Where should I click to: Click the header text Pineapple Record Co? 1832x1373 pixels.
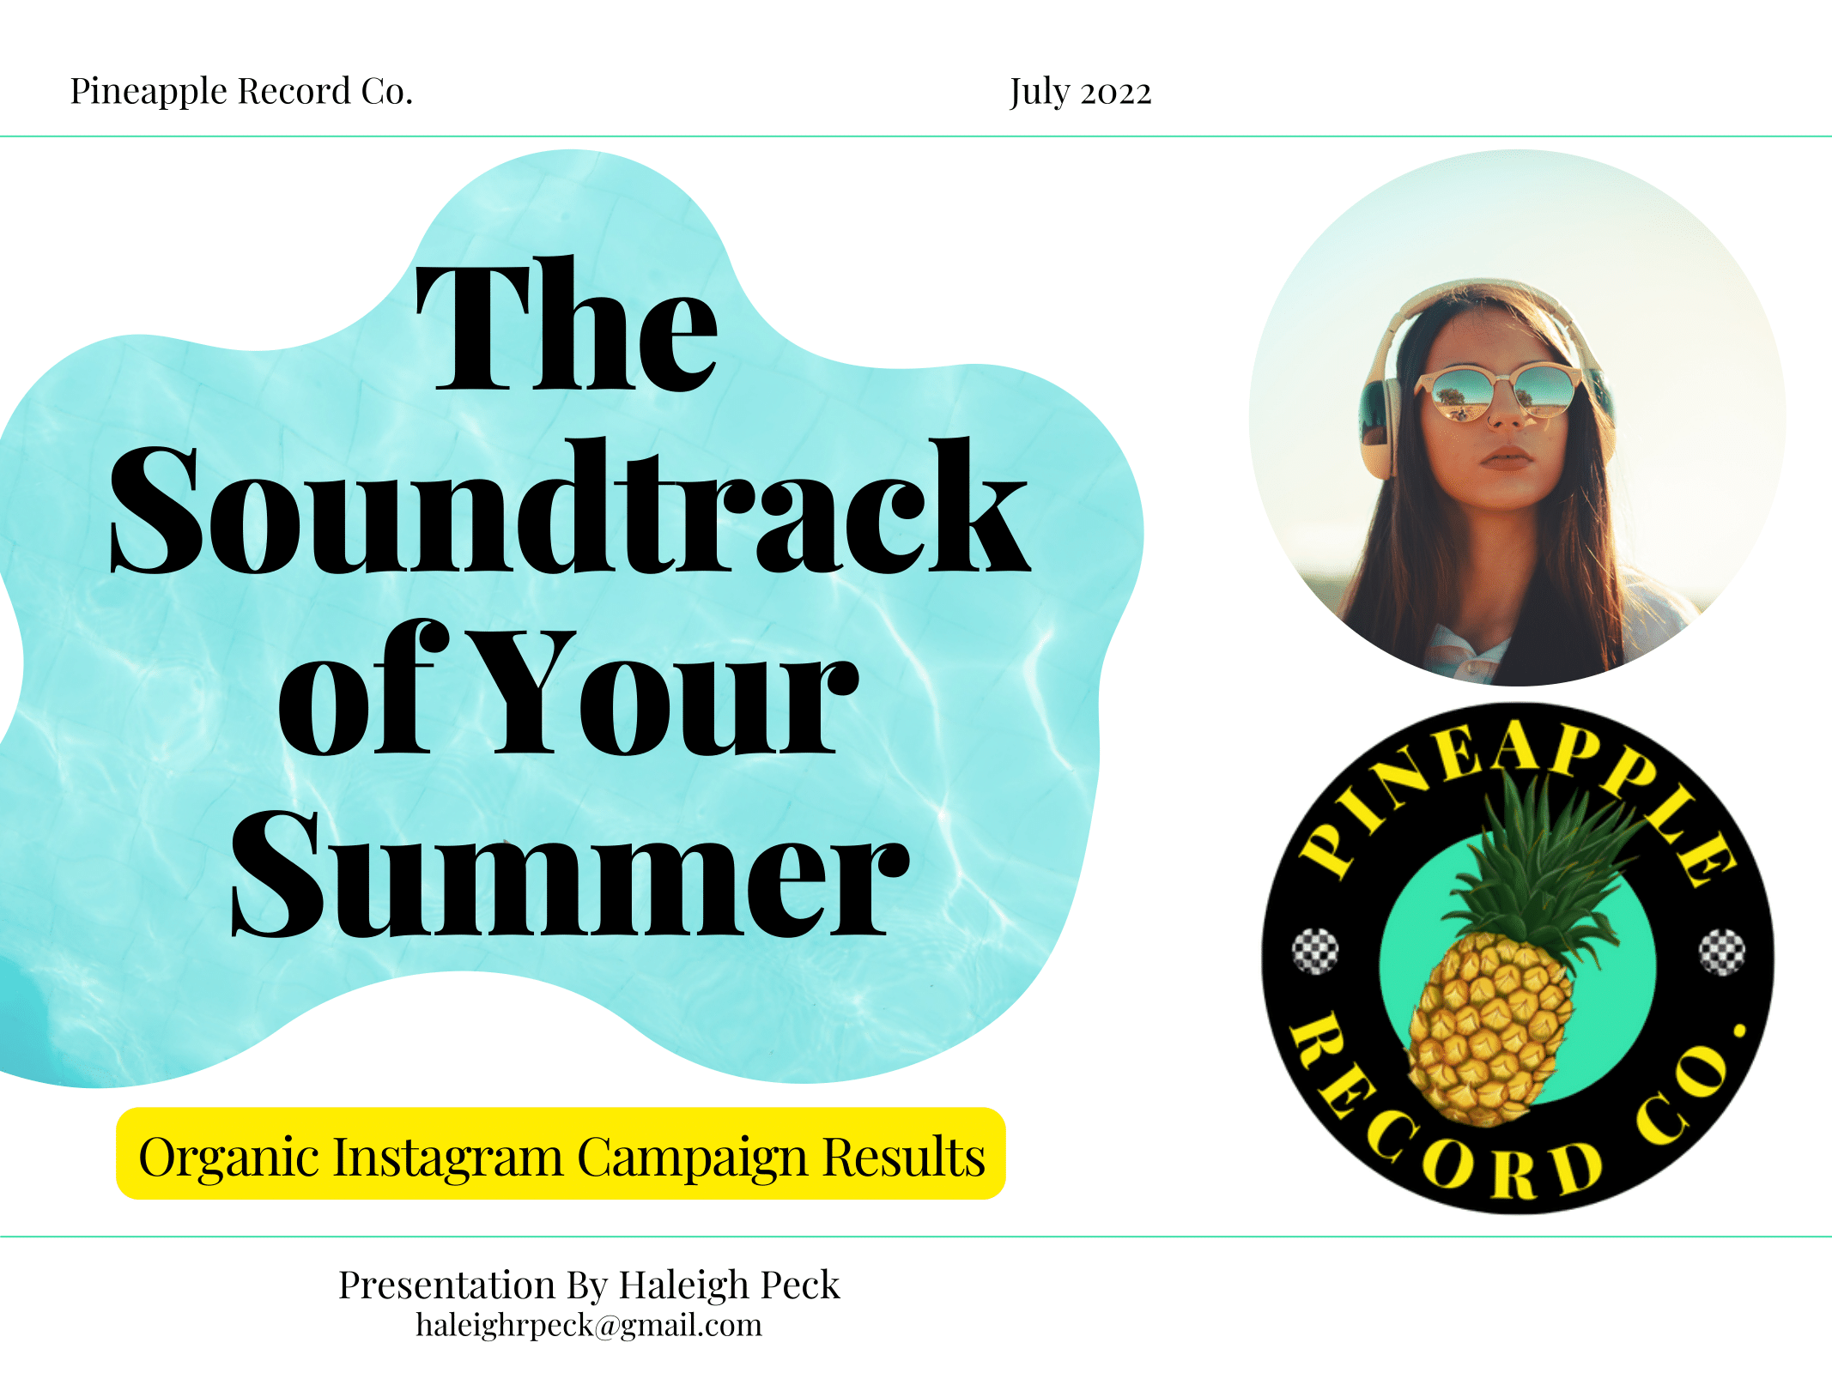point(241,92)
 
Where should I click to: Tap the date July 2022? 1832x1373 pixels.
point(1080,93)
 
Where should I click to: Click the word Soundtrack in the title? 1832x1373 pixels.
point(569,508)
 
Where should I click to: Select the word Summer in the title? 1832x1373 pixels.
point(569,874)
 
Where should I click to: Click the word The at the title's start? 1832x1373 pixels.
point(566,326)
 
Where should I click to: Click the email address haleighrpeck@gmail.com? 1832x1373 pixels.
point(589,1326)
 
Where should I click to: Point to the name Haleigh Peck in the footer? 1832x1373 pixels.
point(729,1285)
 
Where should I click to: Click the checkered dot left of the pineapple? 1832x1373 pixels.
point(1315,951)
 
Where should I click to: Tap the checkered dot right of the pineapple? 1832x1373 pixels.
point(1722,952)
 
